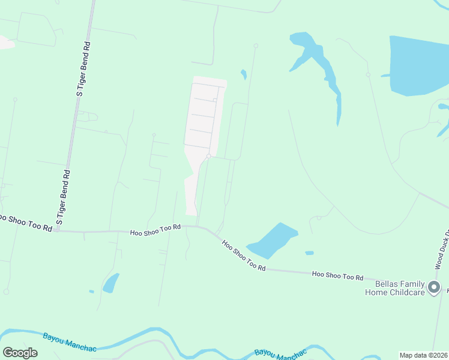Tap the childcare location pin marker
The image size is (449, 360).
pos(435,288)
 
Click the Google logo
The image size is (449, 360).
pos(20,352)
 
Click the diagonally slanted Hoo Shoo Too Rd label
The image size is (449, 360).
pos(244,256)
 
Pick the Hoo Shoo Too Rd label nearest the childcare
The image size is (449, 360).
pos(337,275)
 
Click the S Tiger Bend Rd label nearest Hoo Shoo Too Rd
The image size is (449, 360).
pos(63,197)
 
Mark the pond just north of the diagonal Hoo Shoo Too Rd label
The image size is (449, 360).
pos(273,239)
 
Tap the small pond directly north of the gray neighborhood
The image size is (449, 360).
pos(244,75)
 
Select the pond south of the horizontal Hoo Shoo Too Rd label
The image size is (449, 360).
pos(111,283)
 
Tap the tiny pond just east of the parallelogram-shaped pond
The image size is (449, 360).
pos(309,253)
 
